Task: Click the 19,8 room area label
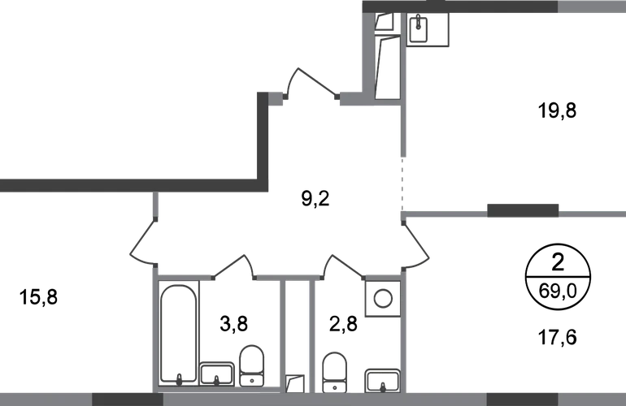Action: [x=558, y=110]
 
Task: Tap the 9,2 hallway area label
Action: [x=315, y=199]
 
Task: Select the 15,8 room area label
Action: [x=38, y=297]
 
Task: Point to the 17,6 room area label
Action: [x=558, y=338]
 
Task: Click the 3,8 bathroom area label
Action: [x=234, y=323]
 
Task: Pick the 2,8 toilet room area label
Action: [x=343, y=323]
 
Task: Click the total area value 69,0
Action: [x=558, y=292]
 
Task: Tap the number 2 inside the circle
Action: [x=558, y=263]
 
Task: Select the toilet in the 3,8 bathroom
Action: [x=251, y=365]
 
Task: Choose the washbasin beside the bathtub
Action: [x=217, y=374]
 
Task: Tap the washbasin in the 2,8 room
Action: [x=382, y=381]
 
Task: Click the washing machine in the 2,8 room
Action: [x=383, y=299]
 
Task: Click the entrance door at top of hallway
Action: [x=311, y=82]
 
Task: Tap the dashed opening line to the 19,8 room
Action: [x=402, y=184]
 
